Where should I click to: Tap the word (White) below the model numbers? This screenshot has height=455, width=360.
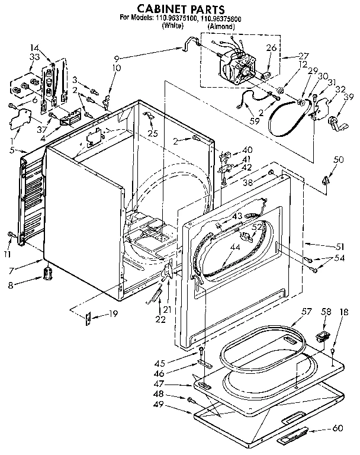[172, 27]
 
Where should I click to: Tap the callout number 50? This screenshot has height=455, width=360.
[338, 160]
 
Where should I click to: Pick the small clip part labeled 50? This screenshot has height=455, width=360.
[326, 179]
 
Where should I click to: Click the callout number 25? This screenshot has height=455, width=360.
[153, 134]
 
